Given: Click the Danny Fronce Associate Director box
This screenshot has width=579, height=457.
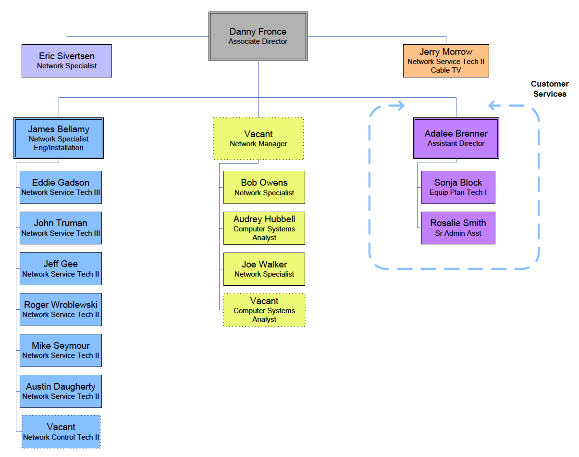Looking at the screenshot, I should [258, 37].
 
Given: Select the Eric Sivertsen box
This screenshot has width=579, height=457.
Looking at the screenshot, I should [67, 61].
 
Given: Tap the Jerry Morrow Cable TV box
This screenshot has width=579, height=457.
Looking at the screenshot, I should [446, 61].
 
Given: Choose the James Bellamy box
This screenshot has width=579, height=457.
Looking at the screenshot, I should [59, 138].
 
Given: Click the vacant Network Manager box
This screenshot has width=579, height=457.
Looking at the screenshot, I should [259, 139].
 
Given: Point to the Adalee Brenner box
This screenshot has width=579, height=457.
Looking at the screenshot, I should [456, 138].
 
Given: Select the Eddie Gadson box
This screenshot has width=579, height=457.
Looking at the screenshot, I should [61, 187].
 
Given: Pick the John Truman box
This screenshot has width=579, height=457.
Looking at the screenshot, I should [61, 228].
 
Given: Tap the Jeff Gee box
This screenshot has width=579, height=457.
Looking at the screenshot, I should [61, 268].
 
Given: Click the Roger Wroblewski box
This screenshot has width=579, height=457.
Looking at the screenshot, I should [61, 309].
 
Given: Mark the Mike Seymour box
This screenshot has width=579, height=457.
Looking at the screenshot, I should [61, 350].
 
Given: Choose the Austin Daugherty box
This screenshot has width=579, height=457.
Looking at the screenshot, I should [61, 391].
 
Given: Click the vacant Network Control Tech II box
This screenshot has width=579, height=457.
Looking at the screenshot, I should [61, 432].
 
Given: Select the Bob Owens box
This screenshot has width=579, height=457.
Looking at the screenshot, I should [264, 187].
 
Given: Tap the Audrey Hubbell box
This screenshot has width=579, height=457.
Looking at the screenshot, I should [264, 228].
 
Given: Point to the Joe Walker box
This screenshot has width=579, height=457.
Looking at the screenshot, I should [264, 269].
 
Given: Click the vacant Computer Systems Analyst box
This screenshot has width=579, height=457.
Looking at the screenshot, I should [264, 310].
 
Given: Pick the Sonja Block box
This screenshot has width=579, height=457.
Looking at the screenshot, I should [458, 187].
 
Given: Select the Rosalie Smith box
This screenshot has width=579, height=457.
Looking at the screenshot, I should [458, 228].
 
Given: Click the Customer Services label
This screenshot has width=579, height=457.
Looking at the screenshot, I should [550, 89].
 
